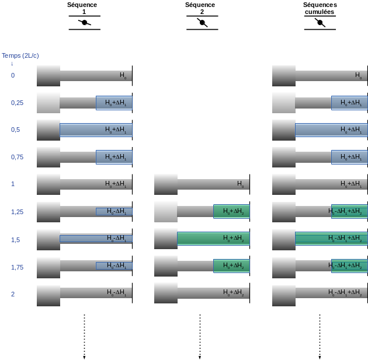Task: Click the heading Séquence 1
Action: (82, 8)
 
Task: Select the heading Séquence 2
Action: (200, 8)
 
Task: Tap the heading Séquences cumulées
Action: (320, 8)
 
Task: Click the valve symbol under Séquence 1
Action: (85, 23)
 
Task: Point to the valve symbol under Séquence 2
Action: (202, 23)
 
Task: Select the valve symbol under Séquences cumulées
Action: (320, 23)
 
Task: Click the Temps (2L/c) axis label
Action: (20, 55)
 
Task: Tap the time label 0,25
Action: (18, 103)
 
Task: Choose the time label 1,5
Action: (16, 239)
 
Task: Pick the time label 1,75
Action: (18, 267)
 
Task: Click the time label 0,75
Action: (18, 157)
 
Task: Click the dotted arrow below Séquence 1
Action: (85, 337)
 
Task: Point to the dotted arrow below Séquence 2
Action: (200, 337)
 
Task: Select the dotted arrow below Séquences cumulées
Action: (320, 337)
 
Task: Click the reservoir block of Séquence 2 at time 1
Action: (166, 184)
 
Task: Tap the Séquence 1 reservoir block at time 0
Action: (48, 76)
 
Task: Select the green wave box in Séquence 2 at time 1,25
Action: (231, 211)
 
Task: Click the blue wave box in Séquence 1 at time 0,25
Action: (114, 103)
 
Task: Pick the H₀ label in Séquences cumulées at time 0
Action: (359, 75)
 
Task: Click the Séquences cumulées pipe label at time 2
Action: (345, 292)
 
